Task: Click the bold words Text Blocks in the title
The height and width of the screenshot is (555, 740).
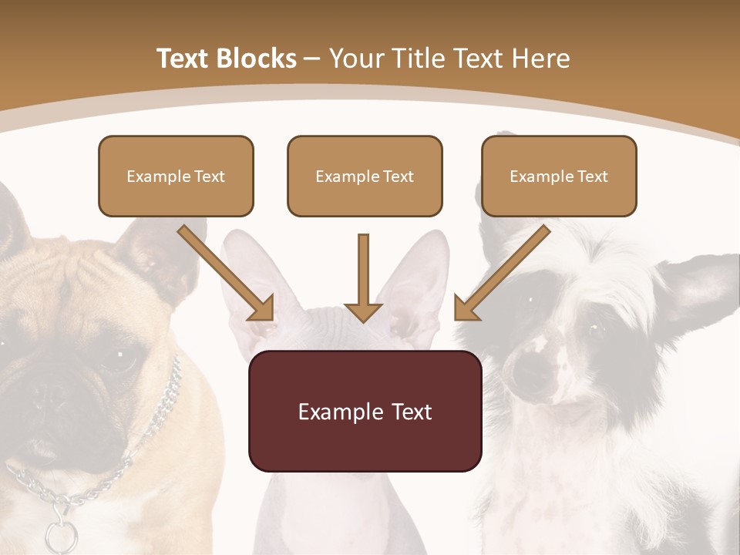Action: click(x=227, y=59)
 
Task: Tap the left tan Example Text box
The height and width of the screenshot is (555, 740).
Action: click(x=176, y=176)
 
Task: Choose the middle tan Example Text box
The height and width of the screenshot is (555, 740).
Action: click(x=365, y=176)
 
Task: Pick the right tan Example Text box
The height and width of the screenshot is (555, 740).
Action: click(x=559, y=176)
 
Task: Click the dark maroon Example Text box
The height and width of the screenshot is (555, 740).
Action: click(x=365, y=411)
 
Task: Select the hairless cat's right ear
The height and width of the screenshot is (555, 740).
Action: click(x=420, y=277)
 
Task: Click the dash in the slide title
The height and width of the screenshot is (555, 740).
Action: click(x=312, y=59)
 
